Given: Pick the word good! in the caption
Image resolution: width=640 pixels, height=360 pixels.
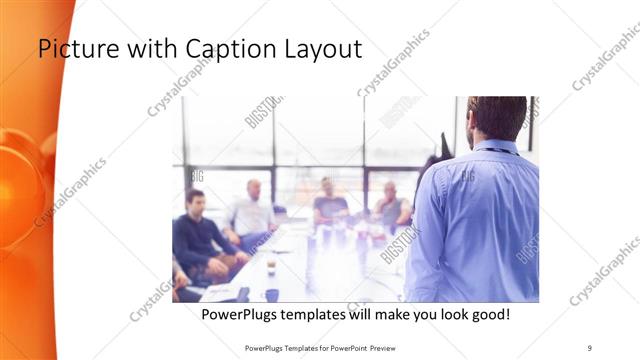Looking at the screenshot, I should pos(487,314).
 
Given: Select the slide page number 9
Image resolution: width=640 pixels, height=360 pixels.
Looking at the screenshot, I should pos(589,347).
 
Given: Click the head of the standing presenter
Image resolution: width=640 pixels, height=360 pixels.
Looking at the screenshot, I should pos(497,117).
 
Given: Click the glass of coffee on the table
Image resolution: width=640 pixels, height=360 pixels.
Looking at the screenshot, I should pos(271,264).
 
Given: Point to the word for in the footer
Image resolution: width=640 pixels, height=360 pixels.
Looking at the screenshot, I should pos(317,347).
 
